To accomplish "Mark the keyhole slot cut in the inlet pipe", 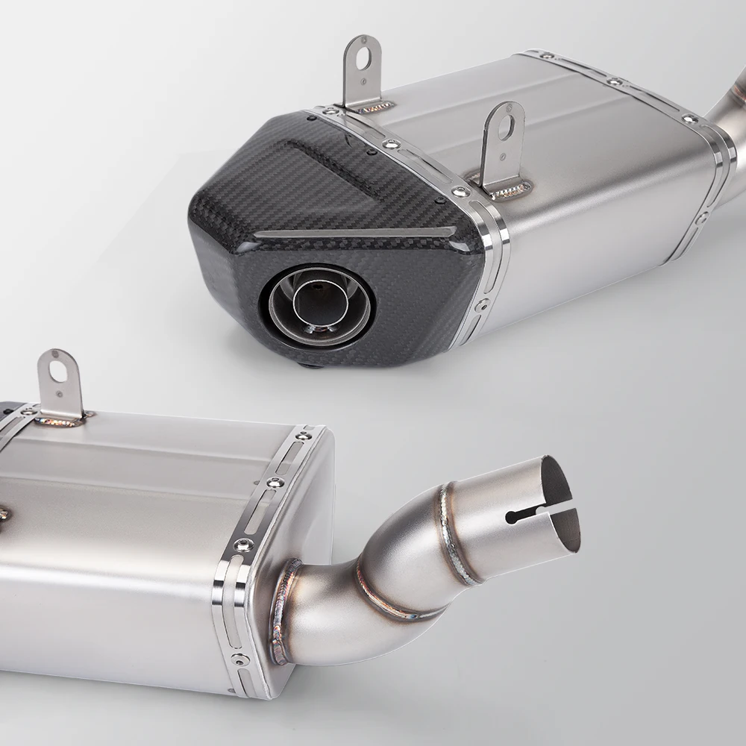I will tap(531, 513).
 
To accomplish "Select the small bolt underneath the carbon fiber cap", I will tap(307, 365).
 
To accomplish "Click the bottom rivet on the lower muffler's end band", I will tap(239, 659).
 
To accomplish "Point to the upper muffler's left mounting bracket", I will tap(363, 71).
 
